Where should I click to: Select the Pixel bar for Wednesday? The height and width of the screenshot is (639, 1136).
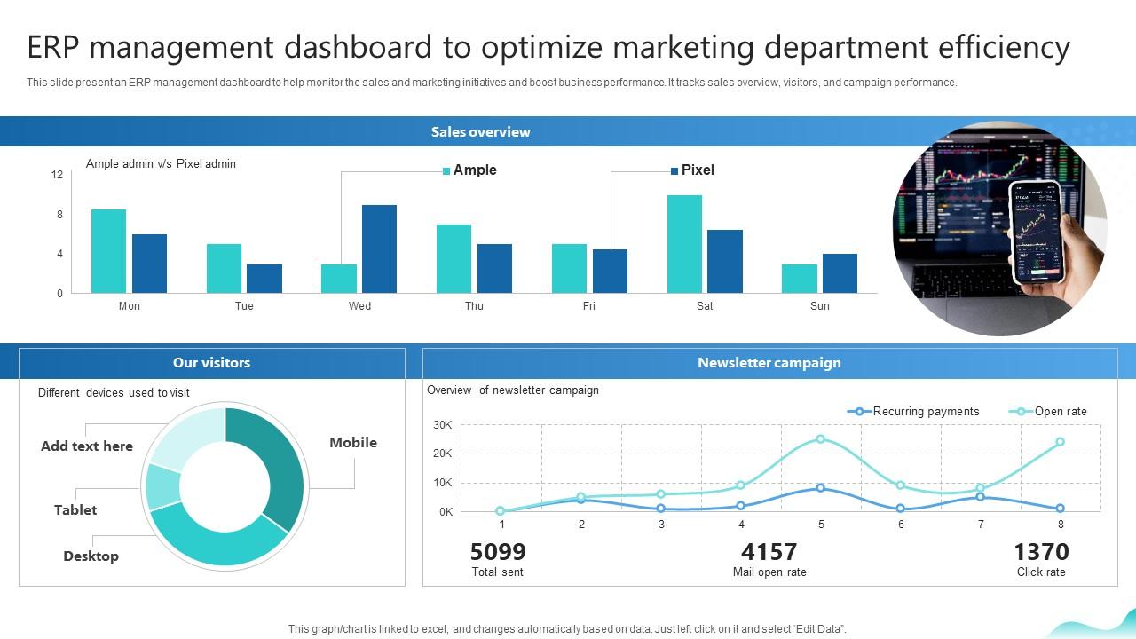[x=379, y=248]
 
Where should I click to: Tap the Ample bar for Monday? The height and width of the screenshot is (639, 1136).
[x=108, y=251]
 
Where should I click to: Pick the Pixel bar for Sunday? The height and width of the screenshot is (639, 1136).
[x=840, y=273]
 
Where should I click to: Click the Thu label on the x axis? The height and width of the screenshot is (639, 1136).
[x=474, y=306]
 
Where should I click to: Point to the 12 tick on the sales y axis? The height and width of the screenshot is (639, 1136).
[x=57, y=175]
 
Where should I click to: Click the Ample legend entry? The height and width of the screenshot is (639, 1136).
[x=474, y=170]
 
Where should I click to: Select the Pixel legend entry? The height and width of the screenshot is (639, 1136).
[x=697, y=170]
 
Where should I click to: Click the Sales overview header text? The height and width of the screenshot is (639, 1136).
[x=480, y=132]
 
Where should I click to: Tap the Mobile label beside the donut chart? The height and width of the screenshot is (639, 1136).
[x=352, y=443]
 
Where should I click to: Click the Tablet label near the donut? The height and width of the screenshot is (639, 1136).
[x=75, y=510]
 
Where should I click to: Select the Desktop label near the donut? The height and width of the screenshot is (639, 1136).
[x=91, y=556]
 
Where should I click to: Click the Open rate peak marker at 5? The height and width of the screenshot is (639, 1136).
[x=820, y=439]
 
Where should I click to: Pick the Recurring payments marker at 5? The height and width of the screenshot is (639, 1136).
[x=820, y=488]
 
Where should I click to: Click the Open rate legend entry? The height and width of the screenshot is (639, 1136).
[x=1060, y=412]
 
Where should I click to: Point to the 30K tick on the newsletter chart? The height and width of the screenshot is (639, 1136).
[x=442, y=426]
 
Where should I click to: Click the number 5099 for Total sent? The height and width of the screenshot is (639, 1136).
[x=498, y=552]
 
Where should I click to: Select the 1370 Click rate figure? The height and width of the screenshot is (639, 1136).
[x=1041, y=552]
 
